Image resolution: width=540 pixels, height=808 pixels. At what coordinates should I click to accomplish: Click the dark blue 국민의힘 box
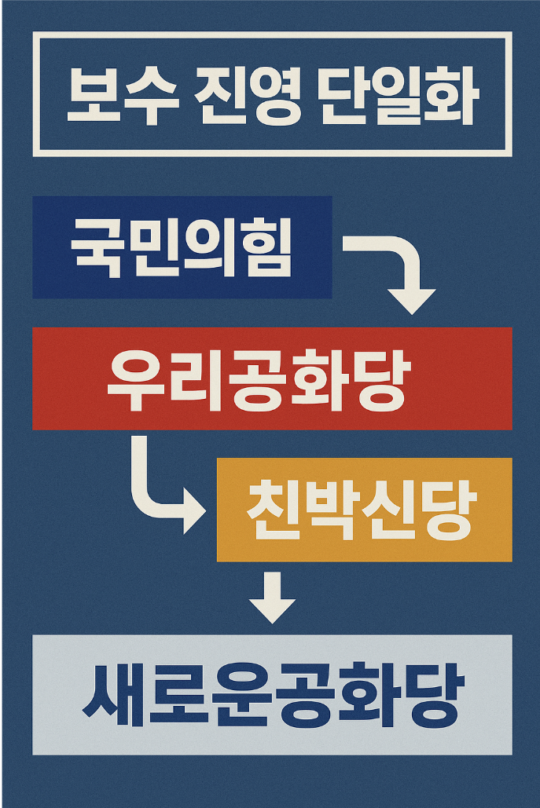point(182,247)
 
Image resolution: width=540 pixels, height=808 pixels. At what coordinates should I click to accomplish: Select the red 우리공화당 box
point(272,378)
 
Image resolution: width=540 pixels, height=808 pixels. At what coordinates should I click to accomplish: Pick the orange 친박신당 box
point(364,510)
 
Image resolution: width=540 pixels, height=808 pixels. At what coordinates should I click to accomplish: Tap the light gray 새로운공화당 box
point(272,694)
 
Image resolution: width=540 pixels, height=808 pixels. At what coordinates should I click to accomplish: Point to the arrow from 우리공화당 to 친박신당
point(161,491)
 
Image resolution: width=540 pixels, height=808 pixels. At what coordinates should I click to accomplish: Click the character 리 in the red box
point(200,379)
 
